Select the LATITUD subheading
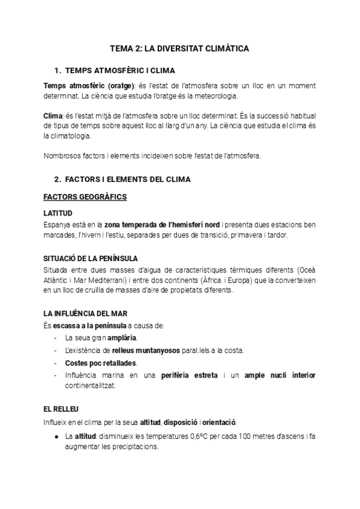point(58,213)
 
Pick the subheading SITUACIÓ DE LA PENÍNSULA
point(91,258)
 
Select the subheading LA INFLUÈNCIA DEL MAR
point(85,313)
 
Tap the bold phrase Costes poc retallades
point(101,363)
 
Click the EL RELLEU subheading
point(61,408)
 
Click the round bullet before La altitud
point(56,436)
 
